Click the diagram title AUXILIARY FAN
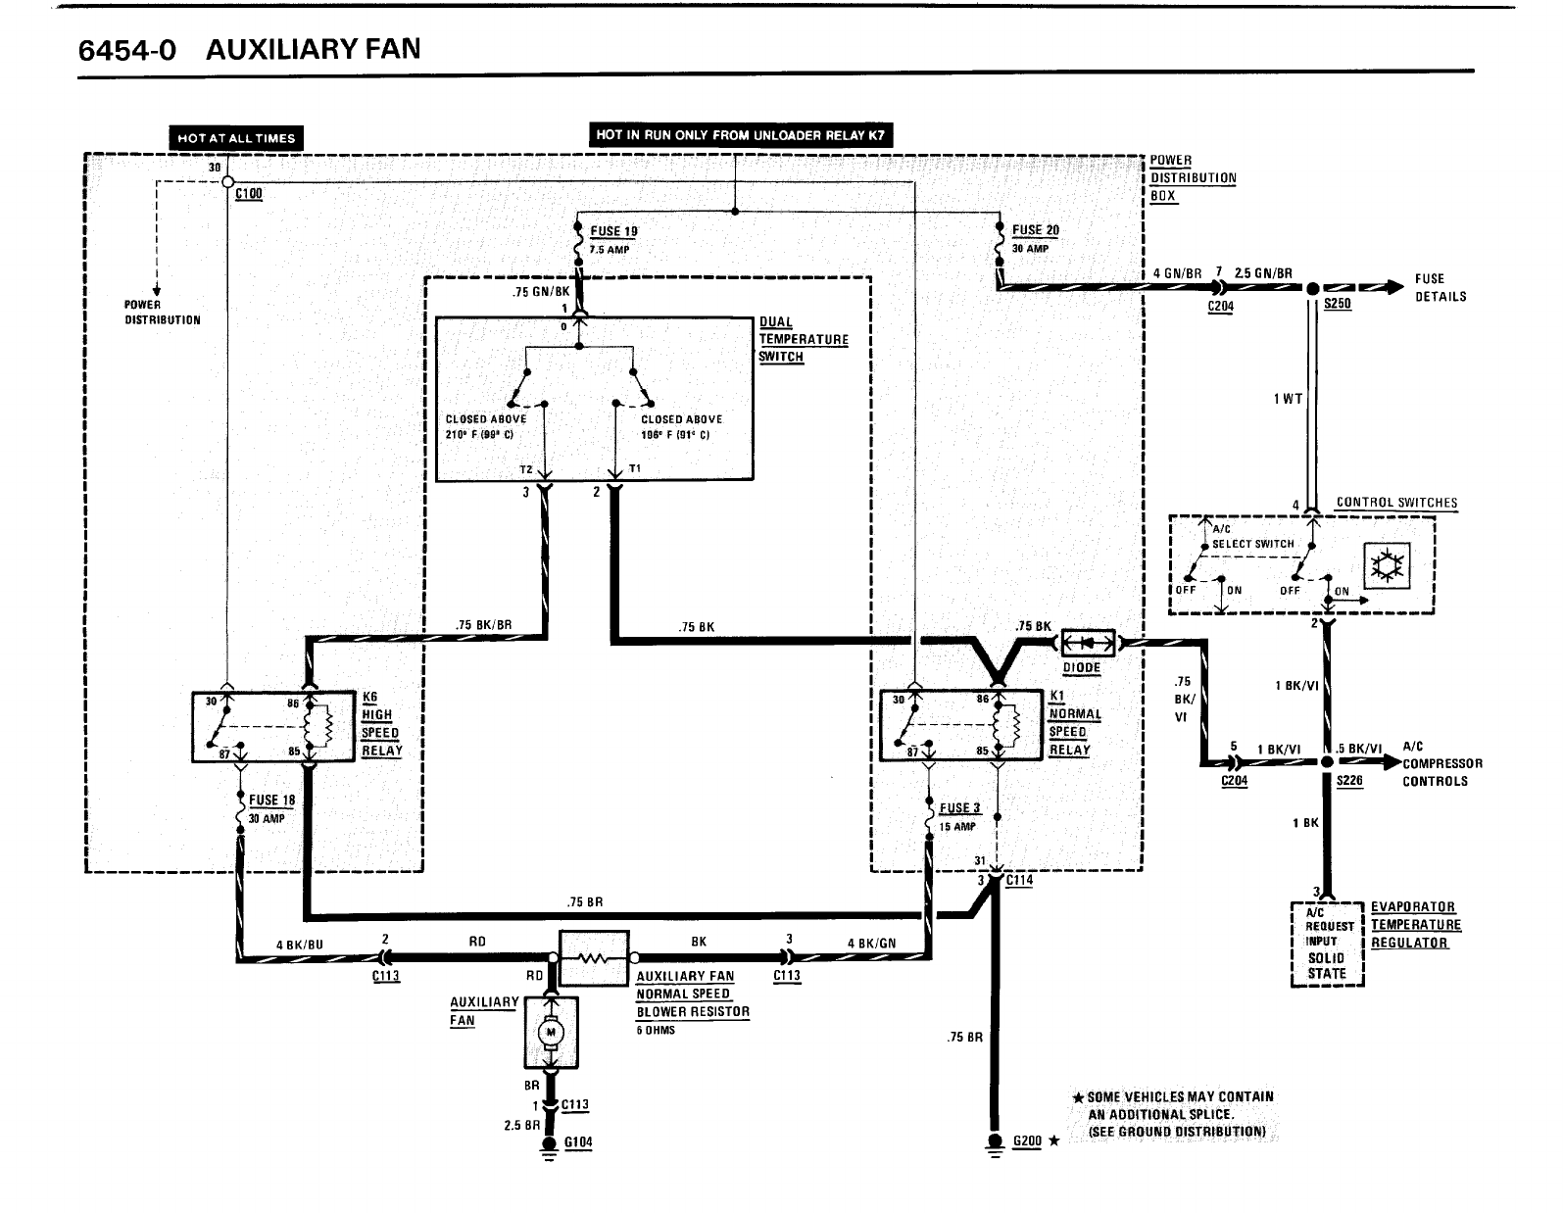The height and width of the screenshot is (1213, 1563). pyautogui.click(x=314, y=49)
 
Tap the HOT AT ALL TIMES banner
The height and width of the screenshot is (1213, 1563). pyautogui.click(x=235, y=138)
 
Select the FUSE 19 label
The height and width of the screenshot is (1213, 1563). pyautogui.click(x=613, y=231)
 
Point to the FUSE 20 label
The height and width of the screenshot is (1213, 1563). pyautogui.click(x=1035, y=230)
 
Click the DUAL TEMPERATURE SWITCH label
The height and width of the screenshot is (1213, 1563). pyautogui.click(x=804, y=339)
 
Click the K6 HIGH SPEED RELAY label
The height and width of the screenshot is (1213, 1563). pyautogui.click(x=380, y=724)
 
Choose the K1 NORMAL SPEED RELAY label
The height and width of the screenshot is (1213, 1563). pyautogui.click(x=1074, y=723)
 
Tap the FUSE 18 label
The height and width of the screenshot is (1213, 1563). pyautogui.click(x=271, y=801)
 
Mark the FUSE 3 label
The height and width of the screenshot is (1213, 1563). pyautogui.click(x=959, y=808)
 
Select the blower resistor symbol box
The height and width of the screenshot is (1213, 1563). pyautogui.click(x=593, y=957)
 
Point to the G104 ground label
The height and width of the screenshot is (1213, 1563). pyautogui.click(x=578, y=1142)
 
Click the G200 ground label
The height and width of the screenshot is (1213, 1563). pyautogui.click(x=1026, y=1141)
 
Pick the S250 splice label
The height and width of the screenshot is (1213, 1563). pyautogui.click(x=1337, y=304)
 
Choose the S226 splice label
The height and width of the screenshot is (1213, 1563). pyautogui.click(x=1349, y=781)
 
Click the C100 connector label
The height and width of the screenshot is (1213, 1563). pyautogui.click(x=249, y=194)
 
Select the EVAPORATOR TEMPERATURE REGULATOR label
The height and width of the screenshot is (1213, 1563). pyautogui.click(x=1414, y=925)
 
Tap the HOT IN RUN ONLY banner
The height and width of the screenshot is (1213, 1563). pyautogui.click(x=741, y=135)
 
